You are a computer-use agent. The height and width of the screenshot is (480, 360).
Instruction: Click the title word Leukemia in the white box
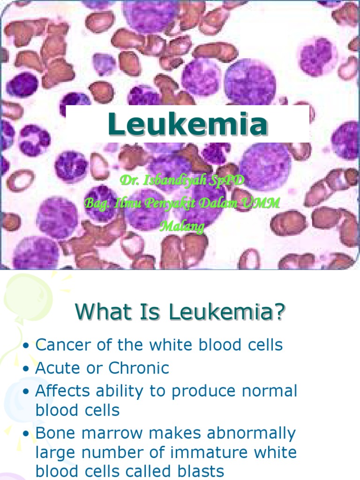click(x=187, y=124)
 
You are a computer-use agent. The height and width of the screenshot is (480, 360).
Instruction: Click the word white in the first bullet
click(x=169, y=345)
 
